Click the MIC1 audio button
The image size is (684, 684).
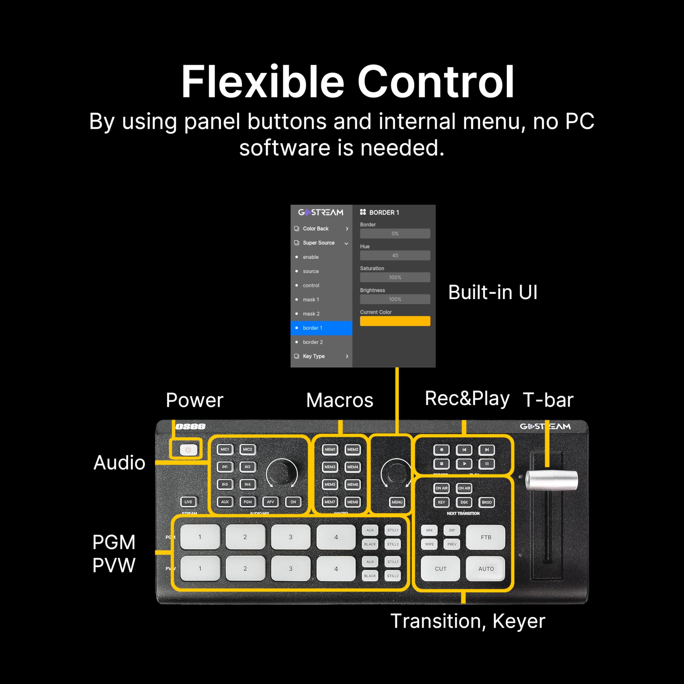tap(225, 449)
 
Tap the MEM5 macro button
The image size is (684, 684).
tap(330, 484)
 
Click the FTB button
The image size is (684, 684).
tap(486, 537)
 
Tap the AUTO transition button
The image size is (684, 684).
tap(486, 569)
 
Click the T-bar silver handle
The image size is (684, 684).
tap(551, 480)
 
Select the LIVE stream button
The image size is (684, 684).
tap(188, 502)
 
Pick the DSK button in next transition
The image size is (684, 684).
tap(464, 502)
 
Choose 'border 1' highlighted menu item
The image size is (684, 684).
tap(321, 328)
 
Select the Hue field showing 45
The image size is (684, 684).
tap(395, 255)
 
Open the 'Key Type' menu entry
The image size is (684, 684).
tap(321, 356)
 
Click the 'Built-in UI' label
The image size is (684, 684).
tap(492, 292)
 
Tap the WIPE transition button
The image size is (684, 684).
tap(429, 544)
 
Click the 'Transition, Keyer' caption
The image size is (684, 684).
tap(467, 621)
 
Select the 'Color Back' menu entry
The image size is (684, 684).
tap(321, 229)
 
